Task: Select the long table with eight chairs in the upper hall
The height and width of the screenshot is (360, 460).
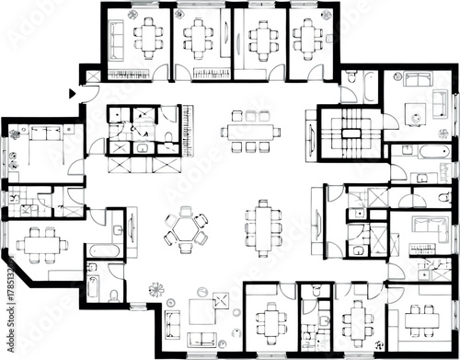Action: (x=250, y=131)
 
